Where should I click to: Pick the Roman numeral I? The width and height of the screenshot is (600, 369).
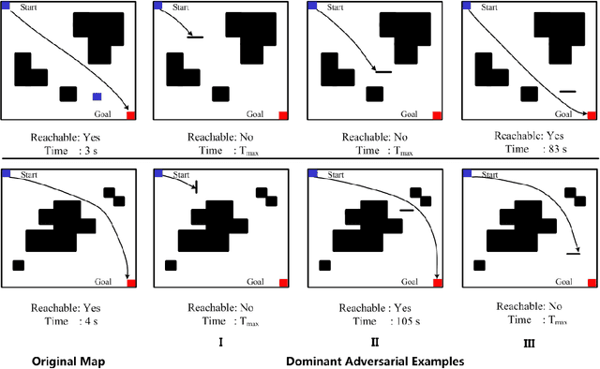[220, 343]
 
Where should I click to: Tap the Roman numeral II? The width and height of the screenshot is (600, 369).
[375, 343]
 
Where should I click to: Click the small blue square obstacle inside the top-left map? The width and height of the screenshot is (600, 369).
[97, 96]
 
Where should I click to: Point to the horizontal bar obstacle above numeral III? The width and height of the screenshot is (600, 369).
[574, 252]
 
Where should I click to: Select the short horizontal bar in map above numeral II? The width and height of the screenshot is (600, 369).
[406, 211]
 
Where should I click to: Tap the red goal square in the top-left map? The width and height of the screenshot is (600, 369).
[130, 115]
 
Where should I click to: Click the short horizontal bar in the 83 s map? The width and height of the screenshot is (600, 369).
[566, 91]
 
